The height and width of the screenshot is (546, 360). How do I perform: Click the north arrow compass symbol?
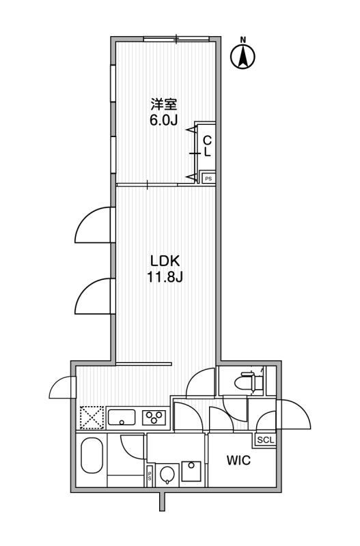[243, 56]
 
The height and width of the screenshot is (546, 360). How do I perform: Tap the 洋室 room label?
[164, 104]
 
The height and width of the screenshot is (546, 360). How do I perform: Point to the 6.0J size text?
[164, 120]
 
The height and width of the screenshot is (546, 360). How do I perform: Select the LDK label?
[165, 261]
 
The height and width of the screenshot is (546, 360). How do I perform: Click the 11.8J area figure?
[165, 277]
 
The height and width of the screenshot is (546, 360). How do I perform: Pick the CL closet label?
[208, 146]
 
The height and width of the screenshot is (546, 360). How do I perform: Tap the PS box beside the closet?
[208, 179]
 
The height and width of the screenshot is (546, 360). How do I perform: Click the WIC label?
[238, 460]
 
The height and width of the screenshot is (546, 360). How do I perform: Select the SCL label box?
[266, 440]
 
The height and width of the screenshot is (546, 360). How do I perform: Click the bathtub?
[92, 455]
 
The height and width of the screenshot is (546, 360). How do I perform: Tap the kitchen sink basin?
[122, 417]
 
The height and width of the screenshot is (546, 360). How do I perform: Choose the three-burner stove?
[154, 417]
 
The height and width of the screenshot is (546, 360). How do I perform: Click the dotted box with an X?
[92, 418]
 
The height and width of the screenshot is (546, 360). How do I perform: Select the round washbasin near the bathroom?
[168, 475]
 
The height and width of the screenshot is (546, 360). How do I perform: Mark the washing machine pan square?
[191, 471]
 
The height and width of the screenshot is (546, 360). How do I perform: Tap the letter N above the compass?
[243, 40]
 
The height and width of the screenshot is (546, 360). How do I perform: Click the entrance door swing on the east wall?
[293, 414]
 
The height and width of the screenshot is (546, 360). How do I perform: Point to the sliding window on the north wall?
[177, 39]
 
